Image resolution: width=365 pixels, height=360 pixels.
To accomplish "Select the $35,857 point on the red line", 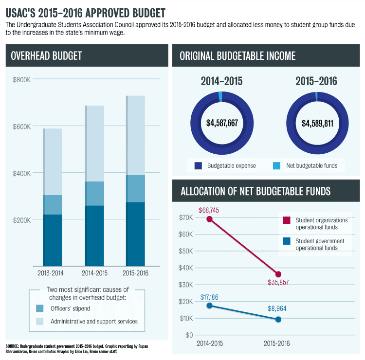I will (x=278, y=274).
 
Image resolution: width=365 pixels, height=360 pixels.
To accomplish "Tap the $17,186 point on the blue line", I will (x=210, y=306).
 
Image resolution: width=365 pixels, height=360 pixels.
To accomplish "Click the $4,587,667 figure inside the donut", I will (x=222, y=123).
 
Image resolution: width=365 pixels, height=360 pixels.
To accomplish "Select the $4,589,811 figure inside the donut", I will (x=317, y=123).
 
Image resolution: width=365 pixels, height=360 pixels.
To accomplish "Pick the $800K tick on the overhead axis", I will (x=22, y=80).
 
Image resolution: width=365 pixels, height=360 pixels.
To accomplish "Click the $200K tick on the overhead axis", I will (x=22, y=220).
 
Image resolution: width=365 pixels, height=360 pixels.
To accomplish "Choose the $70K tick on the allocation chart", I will (x=185, y=217).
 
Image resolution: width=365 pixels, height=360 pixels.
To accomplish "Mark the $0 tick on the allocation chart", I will (x=188, y=335).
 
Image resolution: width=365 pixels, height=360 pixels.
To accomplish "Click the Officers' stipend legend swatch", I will (x=40, y=308).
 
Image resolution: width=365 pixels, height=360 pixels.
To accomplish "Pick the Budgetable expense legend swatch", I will (x=198, y=166).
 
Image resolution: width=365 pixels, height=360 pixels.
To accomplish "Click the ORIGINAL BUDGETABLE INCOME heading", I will (x=237, y=56).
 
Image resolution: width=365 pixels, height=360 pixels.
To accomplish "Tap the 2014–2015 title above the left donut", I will (x=221, y=81).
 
